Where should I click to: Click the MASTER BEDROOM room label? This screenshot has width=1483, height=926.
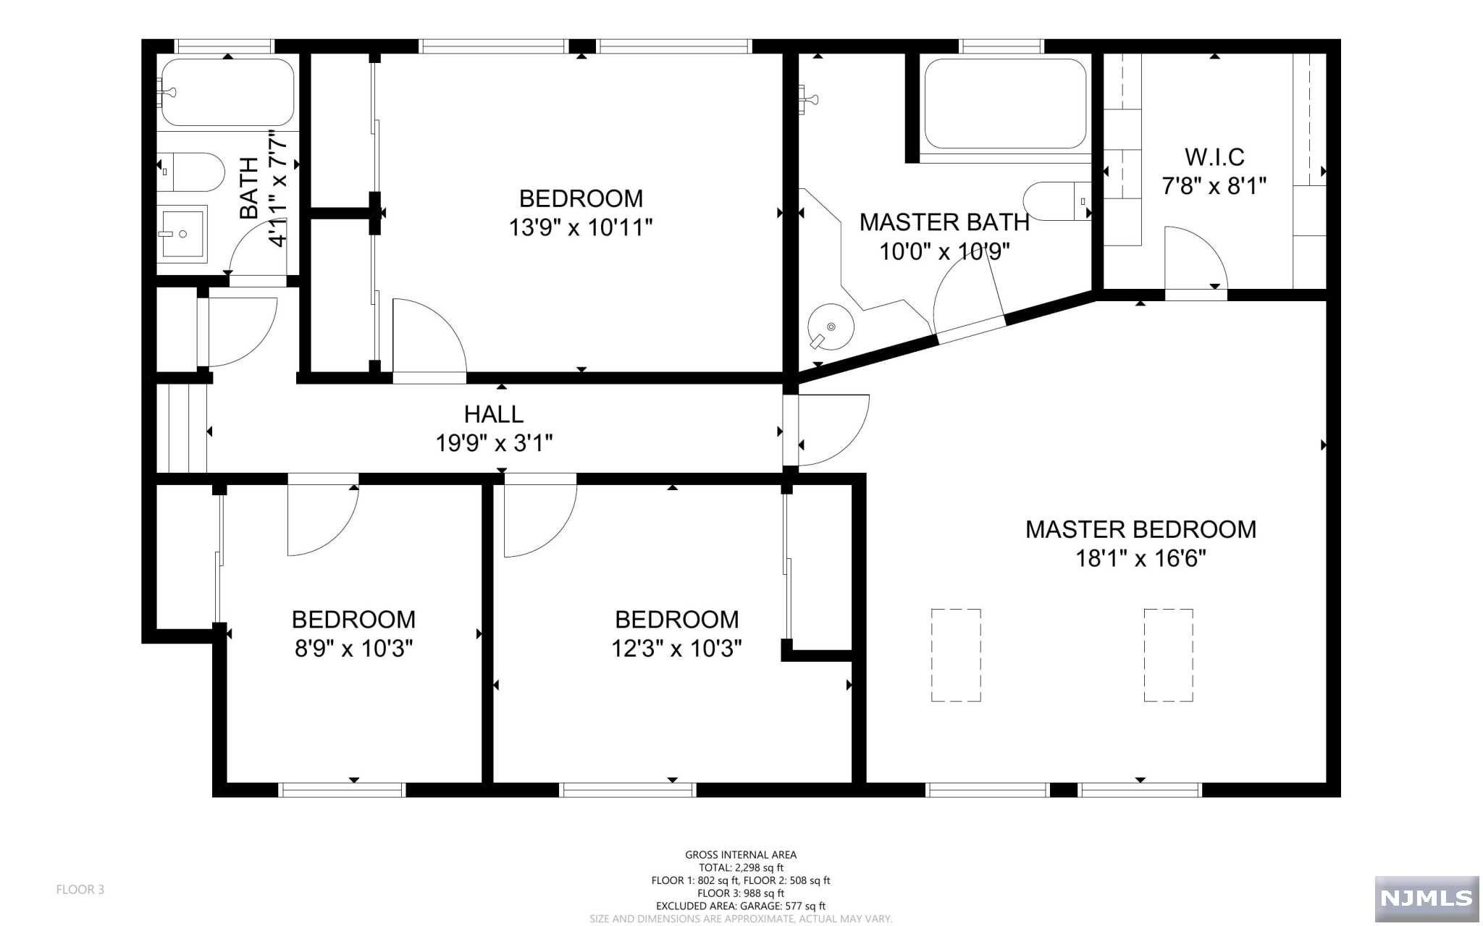1140,529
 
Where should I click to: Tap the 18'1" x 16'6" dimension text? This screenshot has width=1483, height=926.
1140,558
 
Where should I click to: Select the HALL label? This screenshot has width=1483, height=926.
494,414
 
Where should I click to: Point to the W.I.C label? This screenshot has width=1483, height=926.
1214,156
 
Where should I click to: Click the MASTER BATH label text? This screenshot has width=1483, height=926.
944,222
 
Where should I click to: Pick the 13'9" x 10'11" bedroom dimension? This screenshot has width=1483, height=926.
581,227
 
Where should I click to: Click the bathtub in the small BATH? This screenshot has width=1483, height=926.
227,92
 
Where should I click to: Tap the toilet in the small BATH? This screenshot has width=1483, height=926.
192,172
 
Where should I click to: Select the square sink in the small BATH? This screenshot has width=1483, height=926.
183,232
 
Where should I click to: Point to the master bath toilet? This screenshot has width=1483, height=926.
1058,201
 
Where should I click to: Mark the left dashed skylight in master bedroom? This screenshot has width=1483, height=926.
956,655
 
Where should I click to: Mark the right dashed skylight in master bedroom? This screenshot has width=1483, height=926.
1168,655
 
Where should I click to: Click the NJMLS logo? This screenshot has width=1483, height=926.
1427,898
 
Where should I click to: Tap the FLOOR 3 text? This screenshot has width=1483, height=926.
80,890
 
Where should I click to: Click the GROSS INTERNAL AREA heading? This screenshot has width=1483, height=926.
741,855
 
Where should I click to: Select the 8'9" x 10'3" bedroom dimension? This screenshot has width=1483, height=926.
353,648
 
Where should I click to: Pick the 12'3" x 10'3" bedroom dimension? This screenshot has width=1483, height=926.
676,648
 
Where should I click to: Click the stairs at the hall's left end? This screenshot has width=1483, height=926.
182,429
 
